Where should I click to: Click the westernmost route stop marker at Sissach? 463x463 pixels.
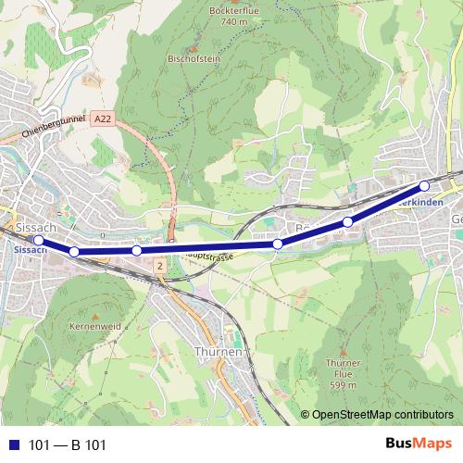[38, 241]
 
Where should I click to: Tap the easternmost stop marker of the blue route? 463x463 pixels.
[424, 185]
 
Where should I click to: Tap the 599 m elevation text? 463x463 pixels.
[343, 384]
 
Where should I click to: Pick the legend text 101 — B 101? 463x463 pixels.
[68, 445]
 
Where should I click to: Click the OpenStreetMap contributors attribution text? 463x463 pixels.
[382, 415]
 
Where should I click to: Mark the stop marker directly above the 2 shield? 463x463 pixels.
[136, 250]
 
